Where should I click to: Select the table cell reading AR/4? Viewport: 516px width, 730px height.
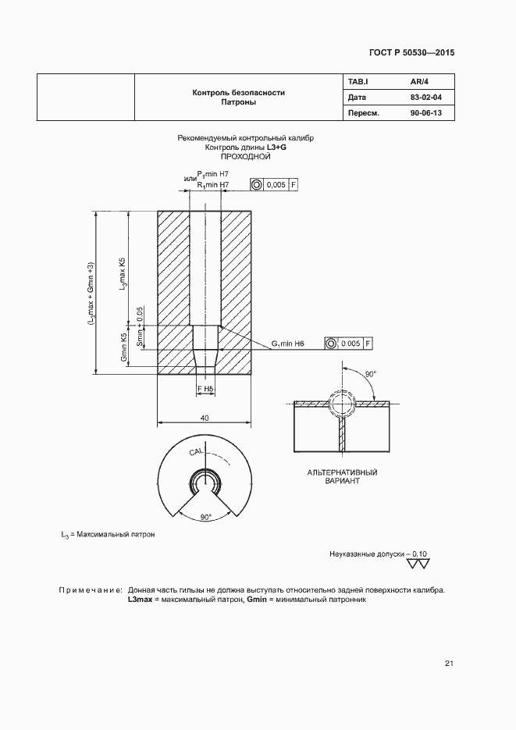point(420,81)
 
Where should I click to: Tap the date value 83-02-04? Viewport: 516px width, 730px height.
point(425,98)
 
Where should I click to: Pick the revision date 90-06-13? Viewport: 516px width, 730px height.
point(425,114)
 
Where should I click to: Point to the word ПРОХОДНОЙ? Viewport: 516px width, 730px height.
point(245,157)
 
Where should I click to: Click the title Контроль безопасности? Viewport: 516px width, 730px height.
point(238,92)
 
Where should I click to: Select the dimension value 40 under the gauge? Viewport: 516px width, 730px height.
point(205,418)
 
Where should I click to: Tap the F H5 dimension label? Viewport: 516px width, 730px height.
point(205,388)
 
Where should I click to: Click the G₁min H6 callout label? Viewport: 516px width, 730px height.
point(288,344)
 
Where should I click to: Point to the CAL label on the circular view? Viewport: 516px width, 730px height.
point(195,452)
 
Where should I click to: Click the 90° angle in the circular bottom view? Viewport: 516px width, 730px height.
point(205,517)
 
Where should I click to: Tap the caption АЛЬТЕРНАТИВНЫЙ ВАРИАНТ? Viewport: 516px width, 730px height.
point(342,477)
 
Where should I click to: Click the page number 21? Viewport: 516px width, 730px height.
point(449,664)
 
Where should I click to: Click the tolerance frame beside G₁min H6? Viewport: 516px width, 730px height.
point(349,344)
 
